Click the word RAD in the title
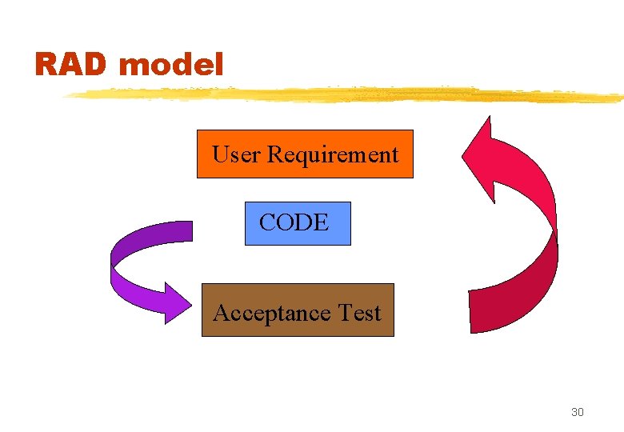tap(70, 65)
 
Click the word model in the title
tap(170, 65)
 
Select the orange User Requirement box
tap(305, 154)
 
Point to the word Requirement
tap(332, 154)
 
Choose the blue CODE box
tap(298, 223)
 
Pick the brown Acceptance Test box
tap(298, 310)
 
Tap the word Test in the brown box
tap(360, 313)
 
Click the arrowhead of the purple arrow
tap(178, 302)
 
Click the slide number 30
tap(577, 412)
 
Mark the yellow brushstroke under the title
tap(344, 95)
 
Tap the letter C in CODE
tap(267, 223)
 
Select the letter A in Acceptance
tap(222, 313)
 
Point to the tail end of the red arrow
tap(480, 308)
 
